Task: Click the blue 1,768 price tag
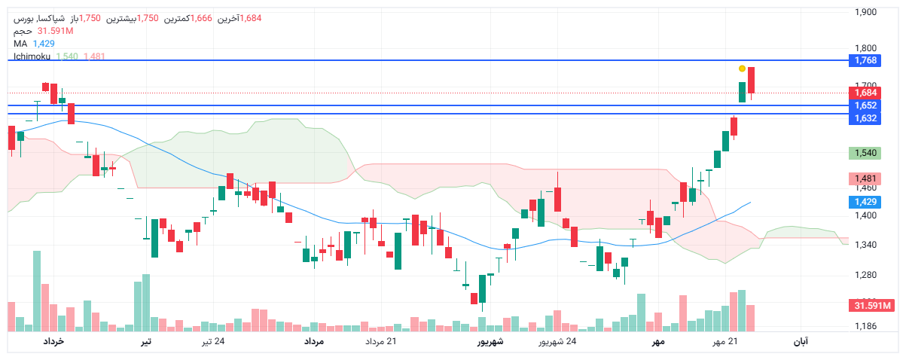coord(862,60)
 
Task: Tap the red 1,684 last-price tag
coord(862,93)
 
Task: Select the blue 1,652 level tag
coord(862,105)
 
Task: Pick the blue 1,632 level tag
coord(862,118)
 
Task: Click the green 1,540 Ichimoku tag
coord(862,153)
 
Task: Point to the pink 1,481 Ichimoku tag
coord(862,178)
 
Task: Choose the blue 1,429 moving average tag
coord(862,202)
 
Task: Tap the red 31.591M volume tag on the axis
coord(871,305)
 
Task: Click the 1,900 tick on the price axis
coord(866,12)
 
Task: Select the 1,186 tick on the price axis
coord(866,326)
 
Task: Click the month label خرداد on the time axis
coord(52,342)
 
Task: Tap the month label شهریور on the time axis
coord(490,342)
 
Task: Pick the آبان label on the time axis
coord(801,342)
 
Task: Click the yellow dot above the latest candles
coord(742,69)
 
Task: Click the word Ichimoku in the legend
coord(32,56)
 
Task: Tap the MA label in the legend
coord(20,44)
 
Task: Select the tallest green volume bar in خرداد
coord(37,291)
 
